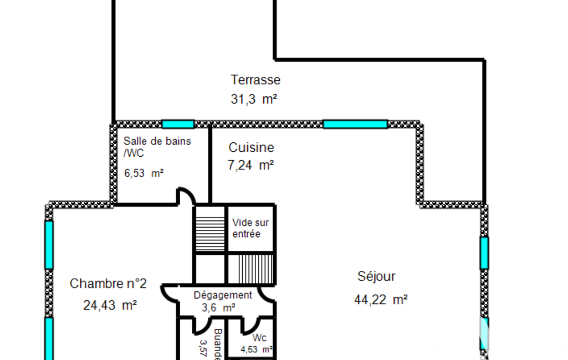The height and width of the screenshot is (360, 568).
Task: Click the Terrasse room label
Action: [x=255, y=80]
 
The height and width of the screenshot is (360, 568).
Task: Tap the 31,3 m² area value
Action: [x=253, y=99]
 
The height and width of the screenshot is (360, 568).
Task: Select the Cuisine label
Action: [x=251, y=148]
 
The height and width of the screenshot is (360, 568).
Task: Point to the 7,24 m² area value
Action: [x=250, y=165]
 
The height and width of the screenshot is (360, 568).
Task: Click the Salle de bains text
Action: [x=157, y=141]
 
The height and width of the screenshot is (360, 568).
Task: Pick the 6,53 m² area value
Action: [x=144, y=173]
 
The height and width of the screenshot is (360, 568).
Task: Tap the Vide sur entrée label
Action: [x=250, y=228]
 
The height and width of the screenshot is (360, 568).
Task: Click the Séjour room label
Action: [x=376, y=276]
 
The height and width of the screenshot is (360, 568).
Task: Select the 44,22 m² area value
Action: [x=381, y=300]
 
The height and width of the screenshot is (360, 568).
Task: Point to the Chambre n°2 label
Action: [x=108, y=284]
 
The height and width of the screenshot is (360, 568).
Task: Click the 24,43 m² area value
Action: [x=110, y=305]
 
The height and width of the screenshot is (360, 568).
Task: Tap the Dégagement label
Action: [x=223, y=295]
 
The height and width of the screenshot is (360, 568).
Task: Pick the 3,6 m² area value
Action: [x=219, y=307]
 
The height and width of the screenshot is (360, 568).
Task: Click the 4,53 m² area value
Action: [x=256, y=349]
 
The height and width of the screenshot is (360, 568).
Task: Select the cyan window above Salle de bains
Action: [x=178, y=124]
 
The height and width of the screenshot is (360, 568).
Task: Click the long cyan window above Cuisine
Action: [x=355, y=124]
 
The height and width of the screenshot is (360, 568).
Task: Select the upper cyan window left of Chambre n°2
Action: [x=49, y=244]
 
